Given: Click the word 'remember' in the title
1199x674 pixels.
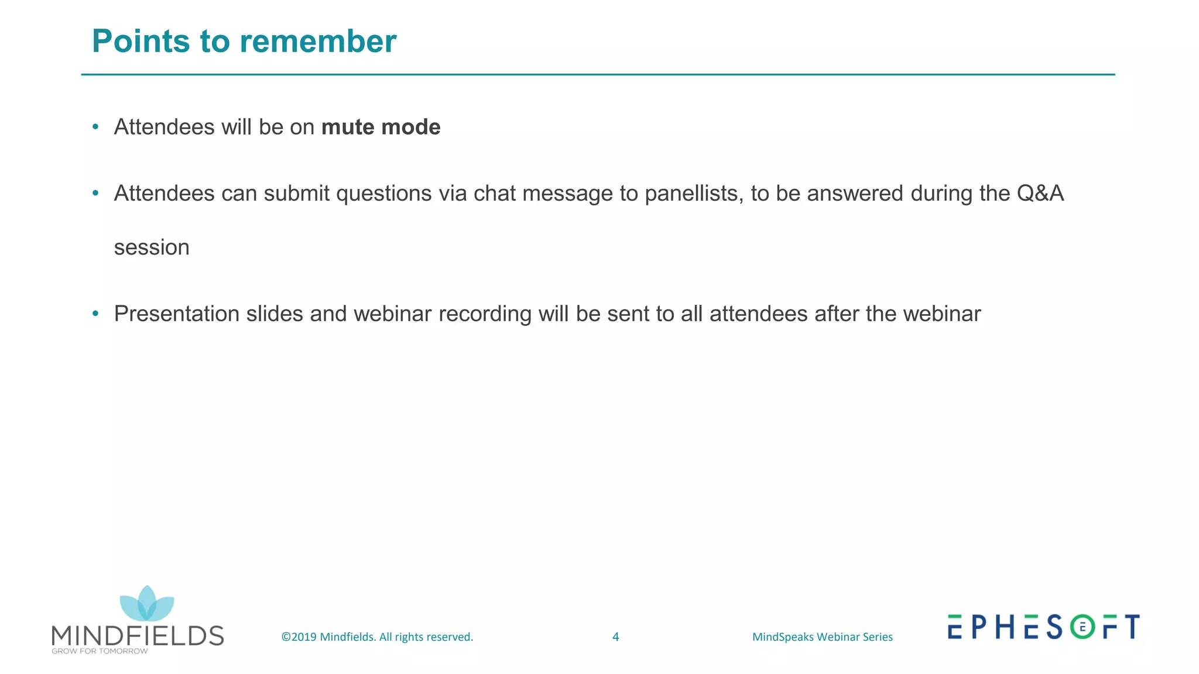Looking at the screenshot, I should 318,42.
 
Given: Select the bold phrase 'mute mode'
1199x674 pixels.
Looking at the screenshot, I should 381,127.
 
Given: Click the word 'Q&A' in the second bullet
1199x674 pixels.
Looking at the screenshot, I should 1040,194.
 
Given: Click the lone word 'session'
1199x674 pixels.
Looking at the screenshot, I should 152,247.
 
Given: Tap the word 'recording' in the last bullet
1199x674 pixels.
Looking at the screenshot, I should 485,314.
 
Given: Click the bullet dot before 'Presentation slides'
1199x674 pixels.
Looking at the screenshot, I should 95,314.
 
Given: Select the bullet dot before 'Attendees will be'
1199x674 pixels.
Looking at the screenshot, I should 95,127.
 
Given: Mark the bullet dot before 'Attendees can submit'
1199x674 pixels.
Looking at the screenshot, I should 95,193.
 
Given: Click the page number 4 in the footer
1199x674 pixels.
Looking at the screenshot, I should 615,637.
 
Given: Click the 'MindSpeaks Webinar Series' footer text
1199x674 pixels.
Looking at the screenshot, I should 822,637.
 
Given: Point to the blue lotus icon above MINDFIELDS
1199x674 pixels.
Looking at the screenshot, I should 147,604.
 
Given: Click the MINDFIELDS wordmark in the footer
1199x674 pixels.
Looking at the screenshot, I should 138,635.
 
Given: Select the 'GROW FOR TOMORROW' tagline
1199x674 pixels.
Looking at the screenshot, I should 100,651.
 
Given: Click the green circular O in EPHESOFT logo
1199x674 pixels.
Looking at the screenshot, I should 1082,627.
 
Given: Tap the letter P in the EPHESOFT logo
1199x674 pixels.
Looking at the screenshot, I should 979,627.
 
